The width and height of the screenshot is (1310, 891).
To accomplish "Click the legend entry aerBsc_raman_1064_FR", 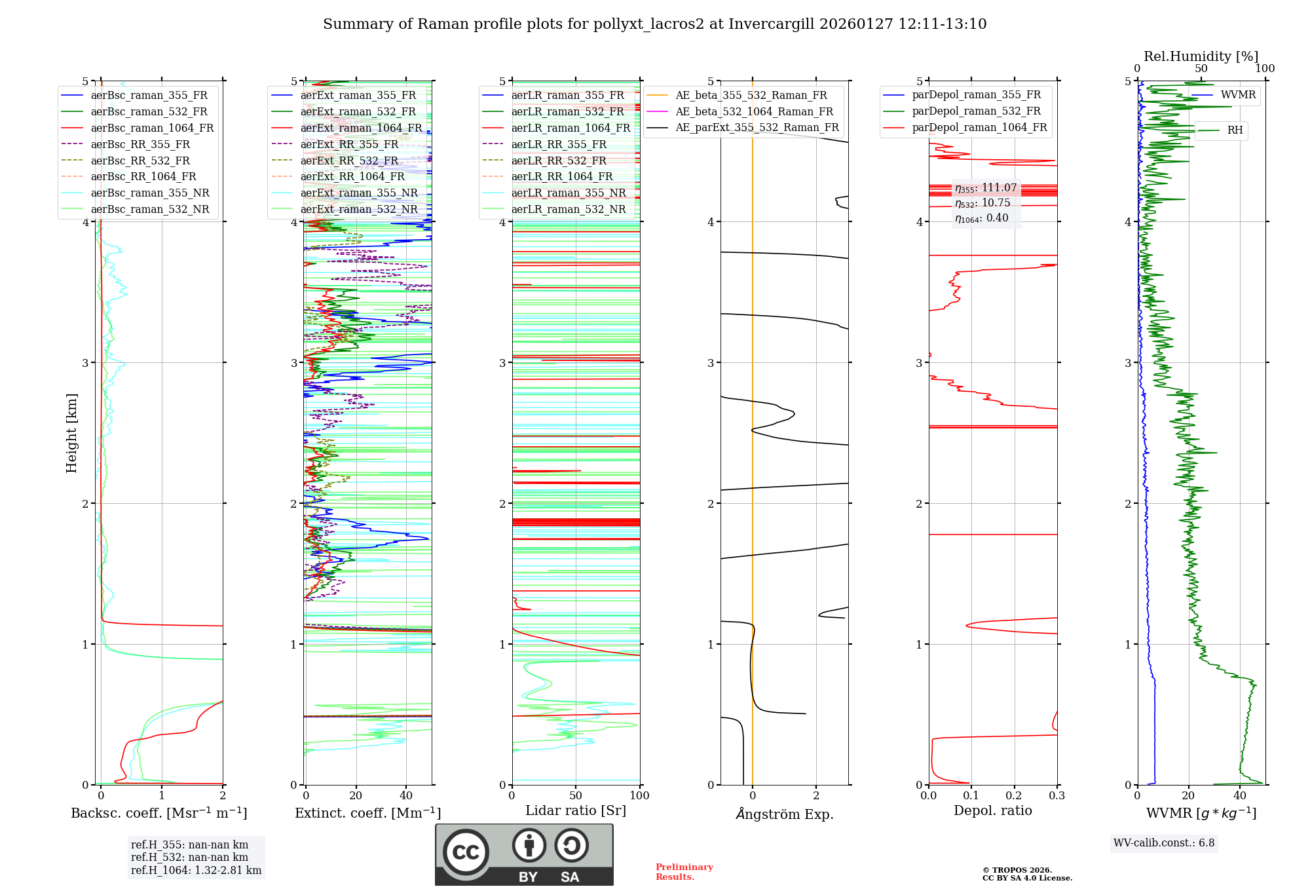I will pos(152,128).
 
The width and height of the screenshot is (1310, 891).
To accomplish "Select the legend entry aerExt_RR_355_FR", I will pos(349,144).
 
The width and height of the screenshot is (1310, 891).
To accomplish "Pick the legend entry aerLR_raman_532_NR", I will pos(568,209).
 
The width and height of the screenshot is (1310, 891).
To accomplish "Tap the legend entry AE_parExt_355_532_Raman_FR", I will pos(757,127).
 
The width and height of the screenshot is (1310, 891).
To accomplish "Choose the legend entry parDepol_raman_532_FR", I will pos(976,111).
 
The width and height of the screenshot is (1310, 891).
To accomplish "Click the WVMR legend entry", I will pos(1238,95).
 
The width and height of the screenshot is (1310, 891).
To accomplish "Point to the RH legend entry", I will pos(1235,130).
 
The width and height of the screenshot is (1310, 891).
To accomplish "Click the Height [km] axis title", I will pos(71,433).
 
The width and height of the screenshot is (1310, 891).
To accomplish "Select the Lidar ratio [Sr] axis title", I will pos(576,811).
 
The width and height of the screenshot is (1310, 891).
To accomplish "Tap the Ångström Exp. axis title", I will pos(784,814).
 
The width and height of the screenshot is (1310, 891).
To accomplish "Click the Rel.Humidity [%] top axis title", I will pos(1201,56).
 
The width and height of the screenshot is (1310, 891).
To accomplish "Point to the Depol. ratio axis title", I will pos(992,811).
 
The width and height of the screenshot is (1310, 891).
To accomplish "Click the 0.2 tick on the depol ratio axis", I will pos(1014,796).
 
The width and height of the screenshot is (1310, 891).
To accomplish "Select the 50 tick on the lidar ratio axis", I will pos(576,796).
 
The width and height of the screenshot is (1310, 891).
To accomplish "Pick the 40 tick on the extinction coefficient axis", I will pos(406,796).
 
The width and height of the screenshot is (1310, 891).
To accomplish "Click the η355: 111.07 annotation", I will pos(986,188).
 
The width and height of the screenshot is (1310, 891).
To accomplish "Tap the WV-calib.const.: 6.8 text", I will pos(1164,843).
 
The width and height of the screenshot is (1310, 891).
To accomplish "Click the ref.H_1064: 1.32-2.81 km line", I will pos(196,871).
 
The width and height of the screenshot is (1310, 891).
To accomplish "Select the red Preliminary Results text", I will pos(684,872).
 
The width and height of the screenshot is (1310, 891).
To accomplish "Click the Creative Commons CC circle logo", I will pos(466,852).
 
